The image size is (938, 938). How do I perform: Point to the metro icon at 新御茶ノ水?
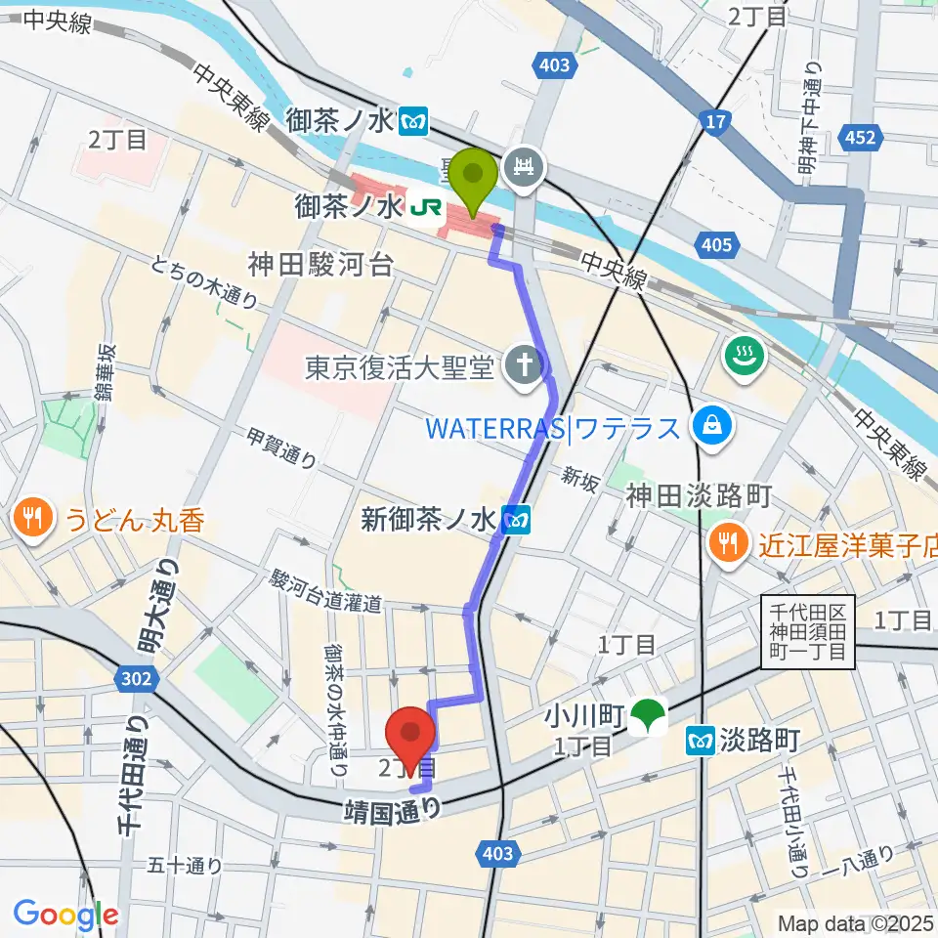[515, 520]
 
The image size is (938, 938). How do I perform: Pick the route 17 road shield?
[716, 121]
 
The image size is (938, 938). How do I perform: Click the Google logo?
[65, 915]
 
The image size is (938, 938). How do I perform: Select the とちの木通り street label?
[204, 282]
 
